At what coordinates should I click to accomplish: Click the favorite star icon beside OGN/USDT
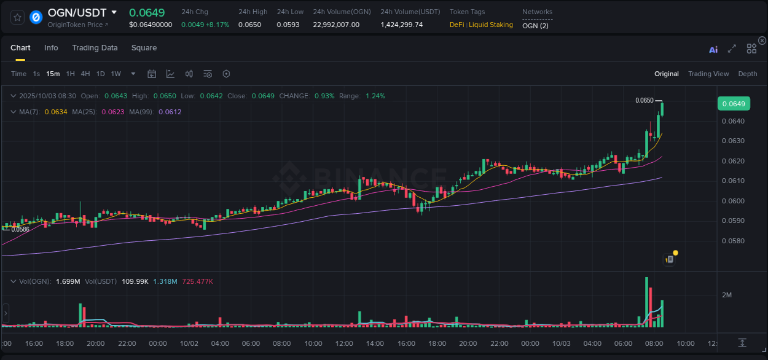click(x=18, y=17)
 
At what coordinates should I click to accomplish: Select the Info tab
click(x=51, y=48)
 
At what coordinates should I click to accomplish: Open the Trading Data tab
click(x=95, y=48)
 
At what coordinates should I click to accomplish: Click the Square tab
click(x=144, y=48)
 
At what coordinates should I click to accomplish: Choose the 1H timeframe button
click(x=70, y=74)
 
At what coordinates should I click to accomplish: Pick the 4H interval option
click(x=85, y=74)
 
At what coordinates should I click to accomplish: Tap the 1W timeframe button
click(x=116, y=74)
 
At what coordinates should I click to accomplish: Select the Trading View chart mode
click(x=708, y=74)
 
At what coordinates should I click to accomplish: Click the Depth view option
click(x=747, y=74)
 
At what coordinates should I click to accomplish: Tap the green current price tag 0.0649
click(x=733, y=104)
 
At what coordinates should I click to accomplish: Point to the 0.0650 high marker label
click(x=644, y=100)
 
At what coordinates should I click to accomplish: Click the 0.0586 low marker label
click(x=20, y=229)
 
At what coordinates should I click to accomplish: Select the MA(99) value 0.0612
click(x=170, y=112)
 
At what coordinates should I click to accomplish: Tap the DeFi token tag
click(x=456, y=25)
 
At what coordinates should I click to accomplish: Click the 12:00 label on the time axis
click(x=345, y=343)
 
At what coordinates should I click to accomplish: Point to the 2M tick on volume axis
click(x=726, y=295)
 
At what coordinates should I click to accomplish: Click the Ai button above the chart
click(x=713, y=50)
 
